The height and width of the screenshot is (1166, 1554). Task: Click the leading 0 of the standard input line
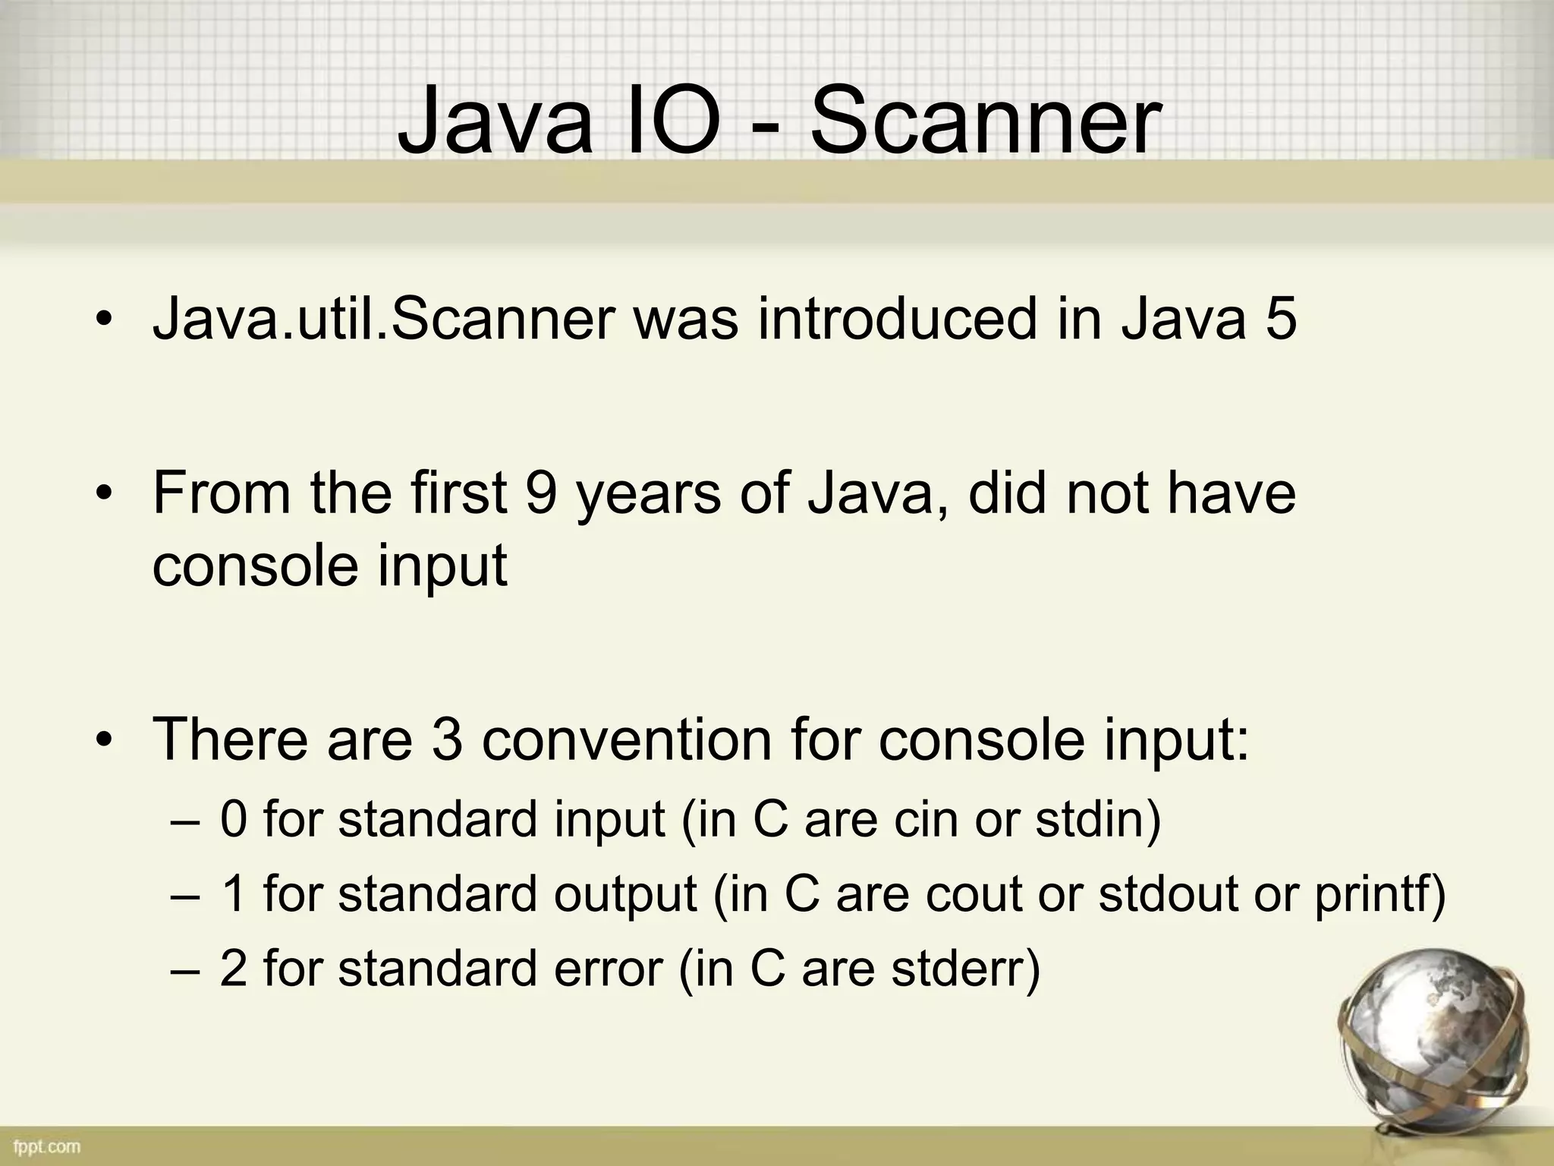point(233,820)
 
